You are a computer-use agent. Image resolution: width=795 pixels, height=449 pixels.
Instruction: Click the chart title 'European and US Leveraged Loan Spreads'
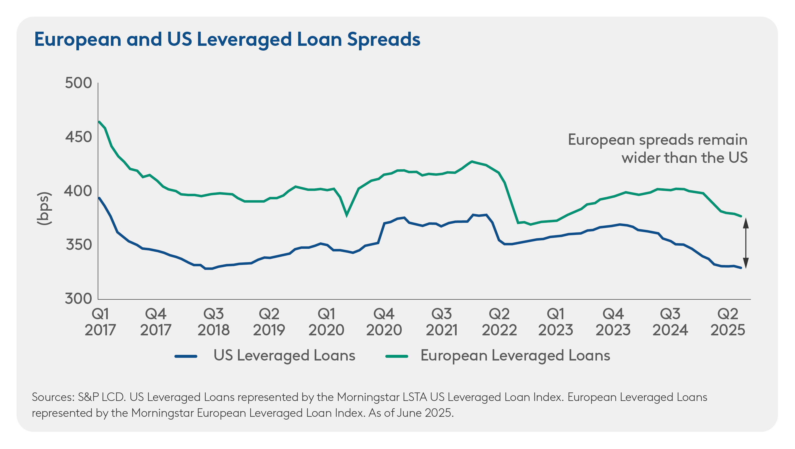coord(227,40)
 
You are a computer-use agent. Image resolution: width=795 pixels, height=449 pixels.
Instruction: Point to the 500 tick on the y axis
coord(78,83)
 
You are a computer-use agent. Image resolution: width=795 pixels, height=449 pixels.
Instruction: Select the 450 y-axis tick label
coord(78,137)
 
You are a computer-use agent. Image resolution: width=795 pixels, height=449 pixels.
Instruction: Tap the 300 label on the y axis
coord(78,299)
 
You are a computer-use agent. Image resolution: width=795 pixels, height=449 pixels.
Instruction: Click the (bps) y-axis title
coord(44,208)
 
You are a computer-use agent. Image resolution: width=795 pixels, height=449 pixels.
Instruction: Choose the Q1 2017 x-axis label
coord(100,322)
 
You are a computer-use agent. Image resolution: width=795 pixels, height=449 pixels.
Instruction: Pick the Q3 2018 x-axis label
coord(214,322)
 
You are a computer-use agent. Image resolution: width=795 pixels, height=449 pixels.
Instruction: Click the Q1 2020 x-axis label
coord(326,322)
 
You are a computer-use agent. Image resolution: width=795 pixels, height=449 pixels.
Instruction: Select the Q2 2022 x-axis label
coord(499,322)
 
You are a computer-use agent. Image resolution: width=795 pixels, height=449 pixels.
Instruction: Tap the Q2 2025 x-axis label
coord(728,322)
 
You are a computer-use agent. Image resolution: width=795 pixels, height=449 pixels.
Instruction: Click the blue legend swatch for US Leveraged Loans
coord(186,357)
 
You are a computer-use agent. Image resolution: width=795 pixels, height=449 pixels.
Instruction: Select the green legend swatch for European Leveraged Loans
coord(397,357)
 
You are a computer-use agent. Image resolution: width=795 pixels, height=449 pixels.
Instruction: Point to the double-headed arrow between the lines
coord(745,243)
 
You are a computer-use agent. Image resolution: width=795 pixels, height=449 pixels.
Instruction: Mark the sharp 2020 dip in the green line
coord(347,215)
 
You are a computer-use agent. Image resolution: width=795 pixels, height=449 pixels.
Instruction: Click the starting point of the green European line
coord(99,122)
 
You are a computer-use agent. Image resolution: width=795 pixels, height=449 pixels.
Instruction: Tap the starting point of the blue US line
coord(99,198)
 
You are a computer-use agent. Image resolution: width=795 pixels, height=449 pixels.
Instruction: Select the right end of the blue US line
coord(741,268)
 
